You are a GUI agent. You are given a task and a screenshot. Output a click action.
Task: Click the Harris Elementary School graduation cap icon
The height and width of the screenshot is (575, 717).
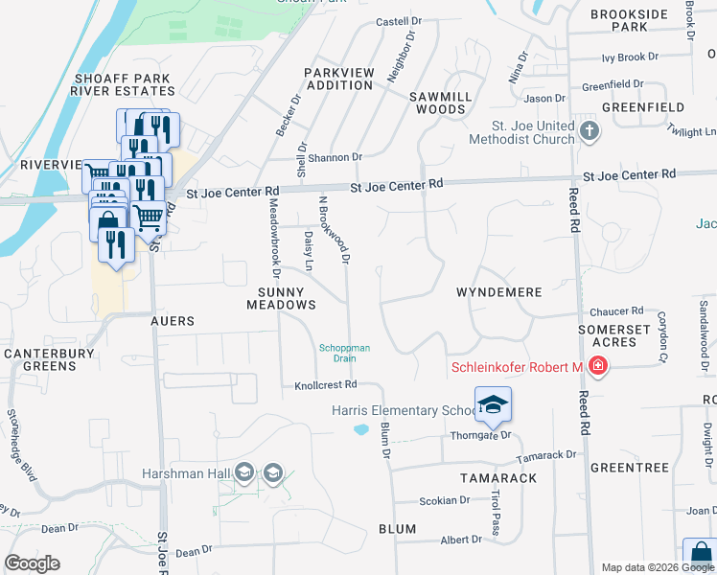point(493,404)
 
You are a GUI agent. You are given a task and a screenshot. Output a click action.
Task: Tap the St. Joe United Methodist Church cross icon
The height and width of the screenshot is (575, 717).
point(589,131)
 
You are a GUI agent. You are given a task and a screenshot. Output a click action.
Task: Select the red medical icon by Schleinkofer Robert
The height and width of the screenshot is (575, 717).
point(598,365)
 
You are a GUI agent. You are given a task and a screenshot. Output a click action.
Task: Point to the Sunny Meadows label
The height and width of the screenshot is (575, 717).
point(281,297)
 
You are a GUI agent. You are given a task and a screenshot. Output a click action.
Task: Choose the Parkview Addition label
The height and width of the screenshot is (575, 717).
point(338,79)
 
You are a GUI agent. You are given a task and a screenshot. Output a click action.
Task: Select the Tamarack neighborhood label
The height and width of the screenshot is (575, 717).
point(497,477)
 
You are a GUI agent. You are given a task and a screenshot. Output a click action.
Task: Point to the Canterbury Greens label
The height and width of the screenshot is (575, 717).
point(39,359)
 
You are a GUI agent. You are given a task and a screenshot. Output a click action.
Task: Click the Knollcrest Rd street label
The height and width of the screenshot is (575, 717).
point(325,384)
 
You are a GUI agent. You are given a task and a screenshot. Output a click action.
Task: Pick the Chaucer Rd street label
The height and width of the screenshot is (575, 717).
point(616,311)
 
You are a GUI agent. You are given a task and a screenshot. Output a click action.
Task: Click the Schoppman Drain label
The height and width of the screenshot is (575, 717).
point(344,353)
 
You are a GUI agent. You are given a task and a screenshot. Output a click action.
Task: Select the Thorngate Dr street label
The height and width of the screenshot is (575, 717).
point(483,434)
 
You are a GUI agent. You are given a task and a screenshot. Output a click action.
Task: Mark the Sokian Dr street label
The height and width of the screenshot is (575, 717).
point(445,500)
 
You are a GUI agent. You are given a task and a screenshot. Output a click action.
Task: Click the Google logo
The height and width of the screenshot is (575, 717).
point(33,563)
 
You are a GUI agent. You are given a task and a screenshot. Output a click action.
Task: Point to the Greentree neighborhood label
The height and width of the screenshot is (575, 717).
point(629,468)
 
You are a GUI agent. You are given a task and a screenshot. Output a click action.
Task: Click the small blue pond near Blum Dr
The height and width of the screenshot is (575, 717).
point(361,429)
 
